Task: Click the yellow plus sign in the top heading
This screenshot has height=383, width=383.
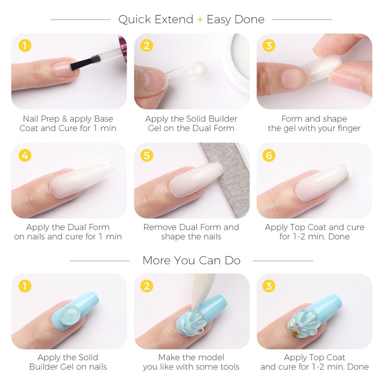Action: pos(200,20)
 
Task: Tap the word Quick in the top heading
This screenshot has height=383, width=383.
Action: pos(134,20)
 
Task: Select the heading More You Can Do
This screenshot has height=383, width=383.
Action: pos(191,261)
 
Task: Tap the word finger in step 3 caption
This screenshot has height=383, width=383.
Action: pos(346,128)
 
